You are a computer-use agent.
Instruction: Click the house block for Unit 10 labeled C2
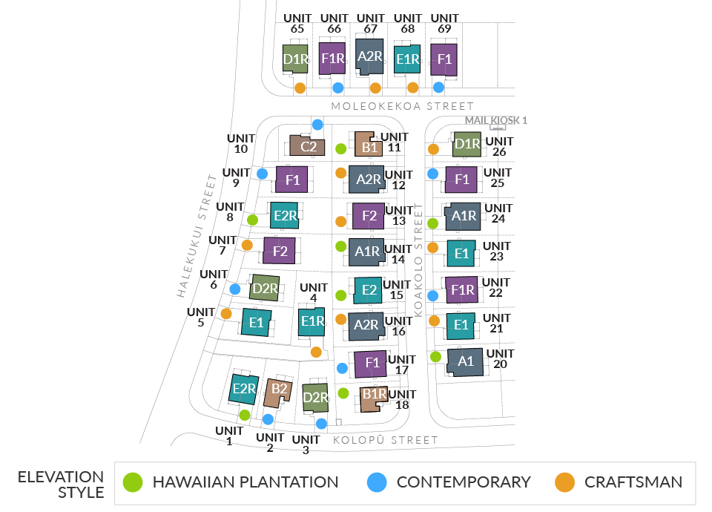tap(308, 145)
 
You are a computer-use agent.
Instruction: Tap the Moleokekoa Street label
tap(402, 106)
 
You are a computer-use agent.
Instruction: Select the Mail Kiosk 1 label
tap(495, 120)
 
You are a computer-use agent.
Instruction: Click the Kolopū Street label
tap(386, 440)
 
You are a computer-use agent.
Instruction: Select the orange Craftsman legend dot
tap(565, 482)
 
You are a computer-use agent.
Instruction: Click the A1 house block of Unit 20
tap(465, 362)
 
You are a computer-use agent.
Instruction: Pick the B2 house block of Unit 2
tap(278, 390)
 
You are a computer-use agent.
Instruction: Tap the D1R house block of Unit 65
tap(295, 59)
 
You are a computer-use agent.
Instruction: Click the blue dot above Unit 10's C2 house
tap(317, 125)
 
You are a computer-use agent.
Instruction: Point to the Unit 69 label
tap(444, 24)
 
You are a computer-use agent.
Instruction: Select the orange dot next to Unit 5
tap(226, 314)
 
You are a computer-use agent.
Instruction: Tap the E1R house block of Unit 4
tap(312, 321)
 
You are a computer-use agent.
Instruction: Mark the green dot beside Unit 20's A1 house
tap(436, 357)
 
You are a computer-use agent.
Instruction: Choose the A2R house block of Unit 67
tap(369, 56)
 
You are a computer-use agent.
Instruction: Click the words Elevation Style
tap(60, 484)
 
